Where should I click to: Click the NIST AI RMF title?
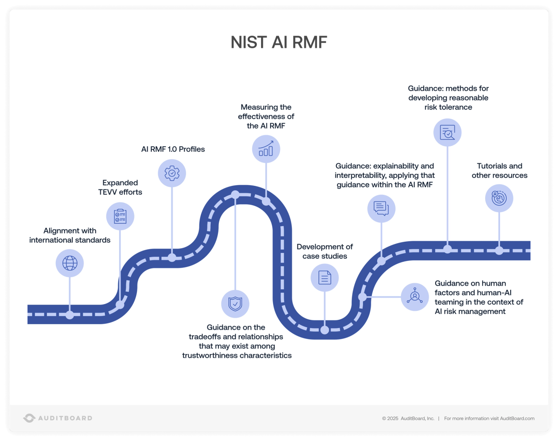[279, 42]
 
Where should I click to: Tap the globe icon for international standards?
[70, 263]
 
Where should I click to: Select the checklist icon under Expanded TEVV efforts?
[120, 216]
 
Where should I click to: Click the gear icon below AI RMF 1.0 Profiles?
[172, 173]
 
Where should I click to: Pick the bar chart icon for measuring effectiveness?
[266, 149]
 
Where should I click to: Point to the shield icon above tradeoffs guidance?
[235, 304]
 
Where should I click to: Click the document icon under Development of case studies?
[325, 278]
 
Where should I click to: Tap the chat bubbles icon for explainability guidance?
[381, 208]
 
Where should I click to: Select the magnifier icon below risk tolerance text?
[447, 132]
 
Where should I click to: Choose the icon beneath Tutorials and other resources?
[499, 198]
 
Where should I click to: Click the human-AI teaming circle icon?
[415, 297]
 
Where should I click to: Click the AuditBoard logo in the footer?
[58, 418]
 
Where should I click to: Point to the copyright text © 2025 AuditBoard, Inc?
[408, 418]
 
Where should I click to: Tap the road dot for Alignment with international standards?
[70, 315]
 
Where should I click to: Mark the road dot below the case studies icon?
[325, 330]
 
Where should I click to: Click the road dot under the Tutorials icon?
[499, 251]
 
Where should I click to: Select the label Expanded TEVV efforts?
[120, 187]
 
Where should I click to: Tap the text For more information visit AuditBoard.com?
[489, 418]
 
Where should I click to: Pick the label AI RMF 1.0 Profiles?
[173, 149]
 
